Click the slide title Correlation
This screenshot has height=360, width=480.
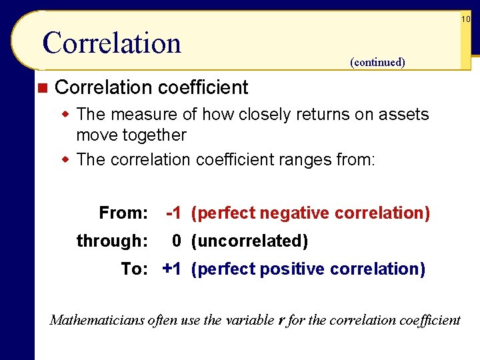[x=111, y=43]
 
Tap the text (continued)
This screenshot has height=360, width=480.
[x=377, y=63]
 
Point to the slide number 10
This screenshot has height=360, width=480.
[x=465, y=20]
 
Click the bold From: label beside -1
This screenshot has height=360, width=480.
[x=123, y=213]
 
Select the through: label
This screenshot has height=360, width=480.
[x=112, y=241]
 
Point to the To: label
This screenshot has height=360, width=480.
[x=135, y=269]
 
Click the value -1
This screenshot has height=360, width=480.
[x=173, y=213]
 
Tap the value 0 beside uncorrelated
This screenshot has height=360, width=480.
[x=177, y=241]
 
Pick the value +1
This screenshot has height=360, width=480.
[x=172, y=269]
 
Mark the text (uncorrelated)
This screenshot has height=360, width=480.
[x=249, y=241]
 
